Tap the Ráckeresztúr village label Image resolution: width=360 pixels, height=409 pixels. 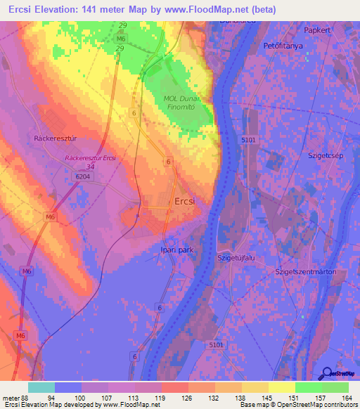tap(54, 138)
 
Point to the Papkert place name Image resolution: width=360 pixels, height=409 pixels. tap(317, 31)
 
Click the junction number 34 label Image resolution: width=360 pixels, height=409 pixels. tap(89, 167)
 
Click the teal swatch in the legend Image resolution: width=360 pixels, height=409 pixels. tap(41, 387)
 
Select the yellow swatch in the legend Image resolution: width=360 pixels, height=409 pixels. tap(282, 387)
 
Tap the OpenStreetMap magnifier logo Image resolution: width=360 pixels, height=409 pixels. tap(326, 373)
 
